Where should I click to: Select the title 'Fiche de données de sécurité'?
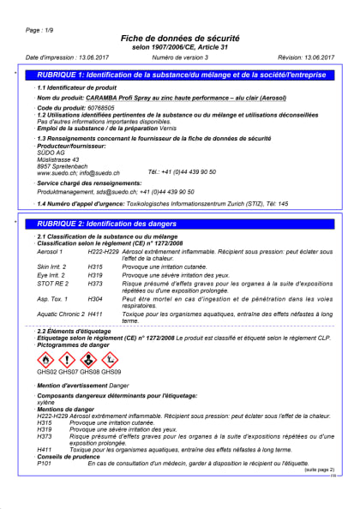click(x=180, y=39)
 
